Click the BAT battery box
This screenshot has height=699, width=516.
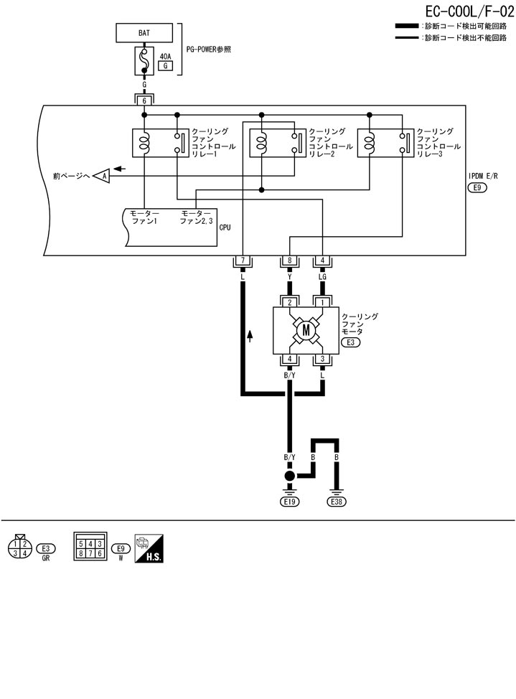coord(144,33)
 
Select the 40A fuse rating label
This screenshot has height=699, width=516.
coord(166,55)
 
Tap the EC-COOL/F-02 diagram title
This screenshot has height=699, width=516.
coord(454,11)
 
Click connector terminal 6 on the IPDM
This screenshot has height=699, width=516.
coord(144,101)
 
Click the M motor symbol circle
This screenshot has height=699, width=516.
coord(306,330)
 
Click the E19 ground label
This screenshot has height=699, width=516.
coord(289,502)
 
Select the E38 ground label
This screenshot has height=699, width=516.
coord(336,502)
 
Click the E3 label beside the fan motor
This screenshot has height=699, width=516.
coord(351,343)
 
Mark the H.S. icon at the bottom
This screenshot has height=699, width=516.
coord(151,549)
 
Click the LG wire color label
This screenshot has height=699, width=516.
coord(323,276)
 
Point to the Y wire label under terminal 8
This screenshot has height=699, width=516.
coord(289,276)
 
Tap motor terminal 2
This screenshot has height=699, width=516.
coord(289,302)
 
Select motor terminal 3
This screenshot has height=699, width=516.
coord(323,358)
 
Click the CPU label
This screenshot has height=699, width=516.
coord(224,227)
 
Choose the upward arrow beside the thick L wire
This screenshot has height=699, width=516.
coord(250,335)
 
